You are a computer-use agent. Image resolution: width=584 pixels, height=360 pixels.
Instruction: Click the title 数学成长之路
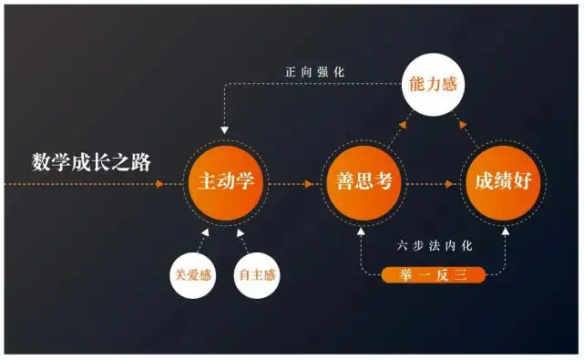pyautogui.click(x=91, y=162)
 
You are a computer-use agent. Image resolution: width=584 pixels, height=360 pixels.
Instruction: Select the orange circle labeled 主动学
pyautogui.click(x=226, y=182)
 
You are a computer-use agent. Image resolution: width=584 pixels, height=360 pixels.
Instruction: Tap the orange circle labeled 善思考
pyautogui.click(x=364, y=182)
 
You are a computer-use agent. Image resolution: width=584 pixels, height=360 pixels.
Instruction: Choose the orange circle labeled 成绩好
pyautogui.click(x=503, y=182)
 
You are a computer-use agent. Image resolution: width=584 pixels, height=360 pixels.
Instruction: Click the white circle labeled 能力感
pyautogui.click(x=433, y=84)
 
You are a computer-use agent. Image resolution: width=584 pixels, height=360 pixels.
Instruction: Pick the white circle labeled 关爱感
pyautogui.click(x=193, y=275)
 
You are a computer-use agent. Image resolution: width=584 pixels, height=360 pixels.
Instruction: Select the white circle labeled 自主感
pyautogui.click(x=257, y=275)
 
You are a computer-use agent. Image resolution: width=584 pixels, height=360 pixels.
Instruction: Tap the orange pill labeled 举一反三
pyautogui.click(x=434, y=275)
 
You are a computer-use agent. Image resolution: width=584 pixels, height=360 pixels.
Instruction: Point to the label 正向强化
pyautogui.click(x=315, y=72)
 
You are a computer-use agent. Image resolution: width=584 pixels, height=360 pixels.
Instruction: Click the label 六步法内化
pyautogui.click(x=435, y=246)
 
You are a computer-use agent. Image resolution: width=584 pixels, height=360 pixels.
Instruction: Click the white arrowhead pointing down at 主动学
pyautogui.click(x=224, y=130)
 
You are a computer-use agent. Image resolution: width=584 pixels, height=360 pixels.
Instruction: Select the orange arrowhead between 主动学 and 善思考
pyautogui.click(x=309, y=184)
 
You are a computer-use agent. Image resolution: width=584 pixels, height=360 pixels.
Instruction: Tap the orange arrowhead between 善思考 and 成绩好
pyautogui.click(x=449, y=184)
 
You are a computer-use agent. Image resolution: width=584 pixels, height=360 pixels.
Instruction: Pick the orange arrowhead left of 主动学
pyautogui.click(x=159, y=184)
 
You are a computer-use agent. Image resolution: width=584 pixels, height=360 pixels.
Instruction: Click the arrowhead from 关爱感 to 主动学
pyautogui.click(x=205, y=232)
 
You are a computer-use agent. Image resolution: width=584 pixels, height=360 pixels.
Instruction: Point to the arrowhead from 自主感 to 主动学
pyautogui.click(x=241, y=233)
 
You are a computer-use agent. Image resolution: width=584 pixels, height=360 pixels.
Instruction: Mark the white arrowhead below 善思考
pyautogui.click(x=361, y=231)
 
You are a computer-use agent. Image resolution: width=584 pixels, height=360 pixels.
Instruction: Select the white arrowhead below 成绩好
pyautogui.click(x=506, y=231)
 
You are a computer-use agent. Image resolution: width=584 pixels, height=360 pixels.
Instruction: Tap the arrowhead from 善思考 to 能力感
pyautogui.click(x=403, y=125)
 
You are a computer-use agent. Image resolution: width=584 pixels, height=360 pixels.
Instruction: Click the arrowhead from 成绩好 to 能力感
pyautogui.click(x=463, y=125)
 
